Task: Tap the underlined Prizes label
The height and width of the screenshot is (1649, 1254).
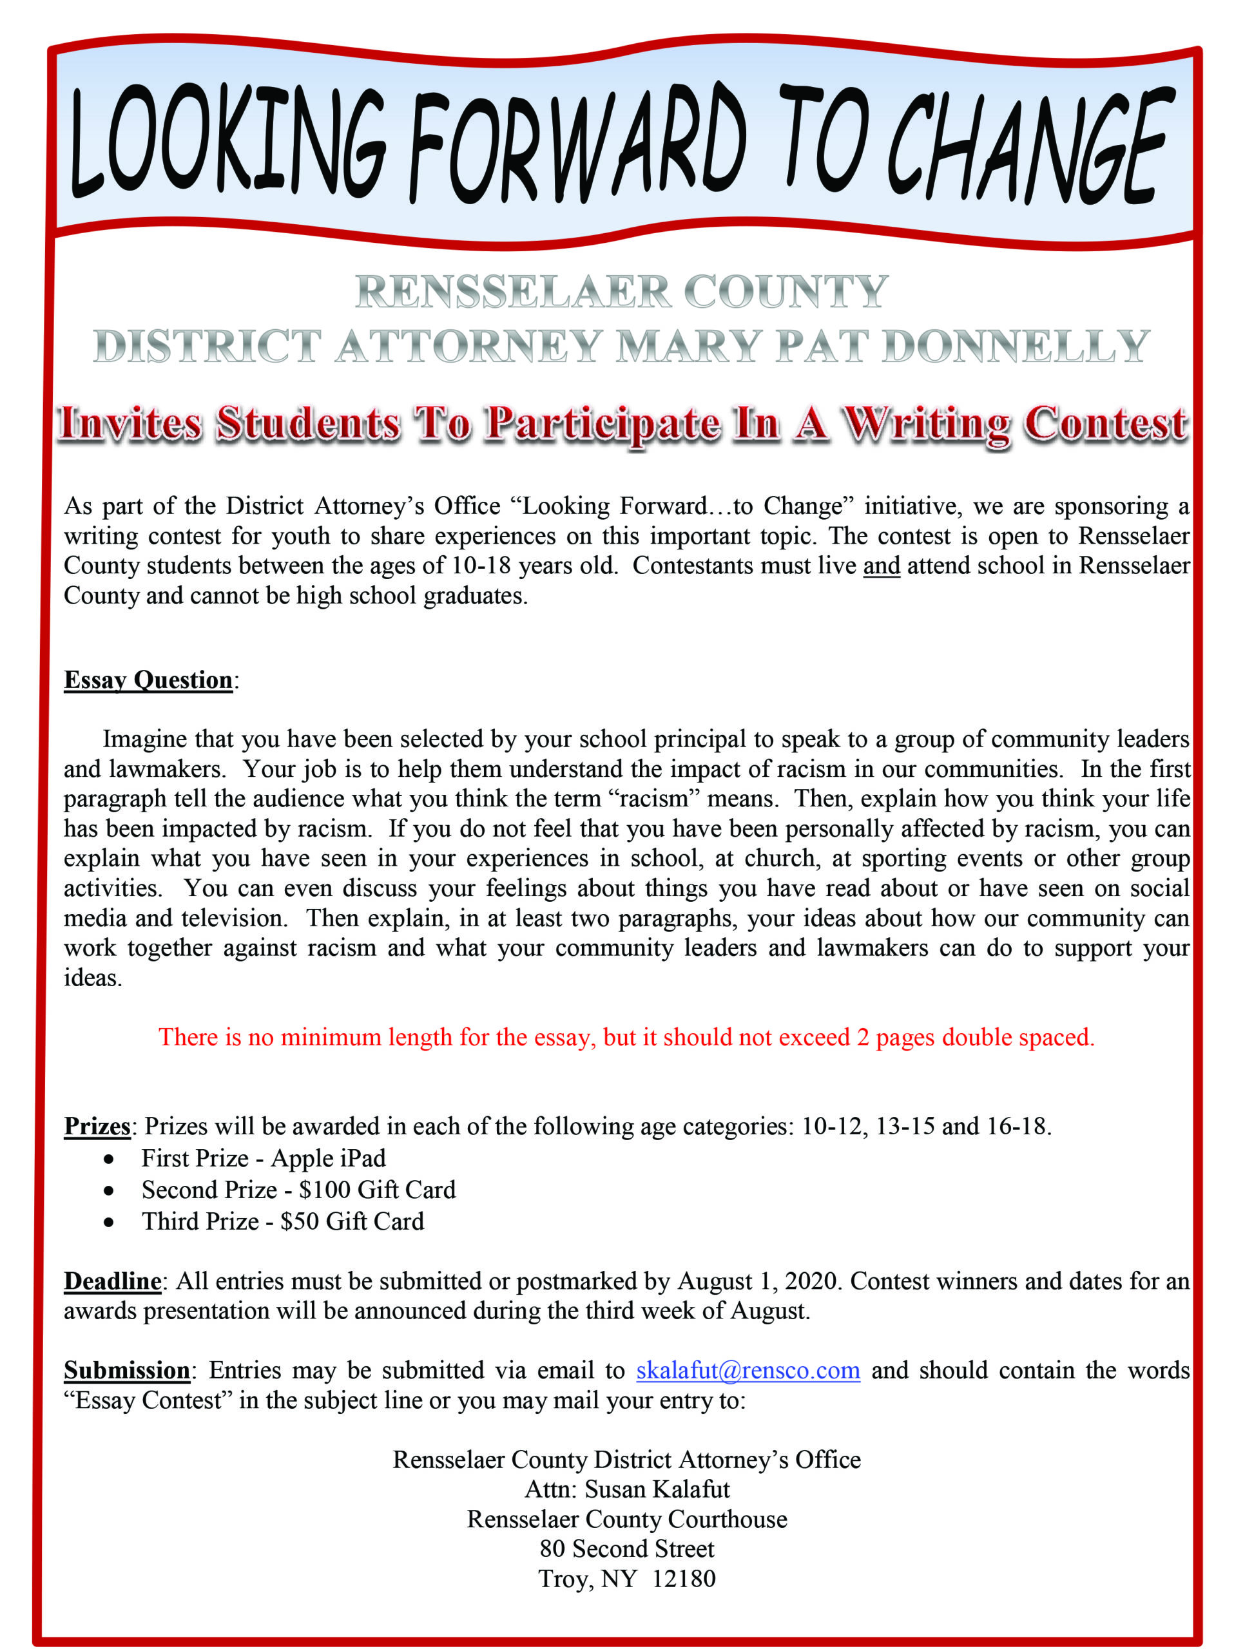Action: click(x=97, y=1125)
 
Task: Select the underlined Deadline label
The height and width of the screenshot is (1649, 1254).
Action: click(x=112, y=1281)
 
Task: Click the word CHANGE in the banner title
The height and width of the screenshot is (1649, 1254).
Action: click(x=1027, y=146)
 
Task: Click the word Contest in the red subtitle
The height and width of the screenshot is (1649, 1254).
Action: click(x=1104, y=424)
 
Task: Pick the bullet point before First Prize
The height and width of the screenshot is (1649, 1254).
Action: click(x=109, y=1159)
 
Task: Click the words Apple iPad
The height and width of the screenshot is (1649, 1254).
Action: click(x=329, y=1158)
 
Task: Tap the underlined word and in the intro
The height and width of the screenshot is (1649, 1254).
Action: click(x=881, y=566)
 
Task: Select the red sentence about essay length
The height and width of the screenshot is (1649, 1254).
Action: click(x=627, y=1037)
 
